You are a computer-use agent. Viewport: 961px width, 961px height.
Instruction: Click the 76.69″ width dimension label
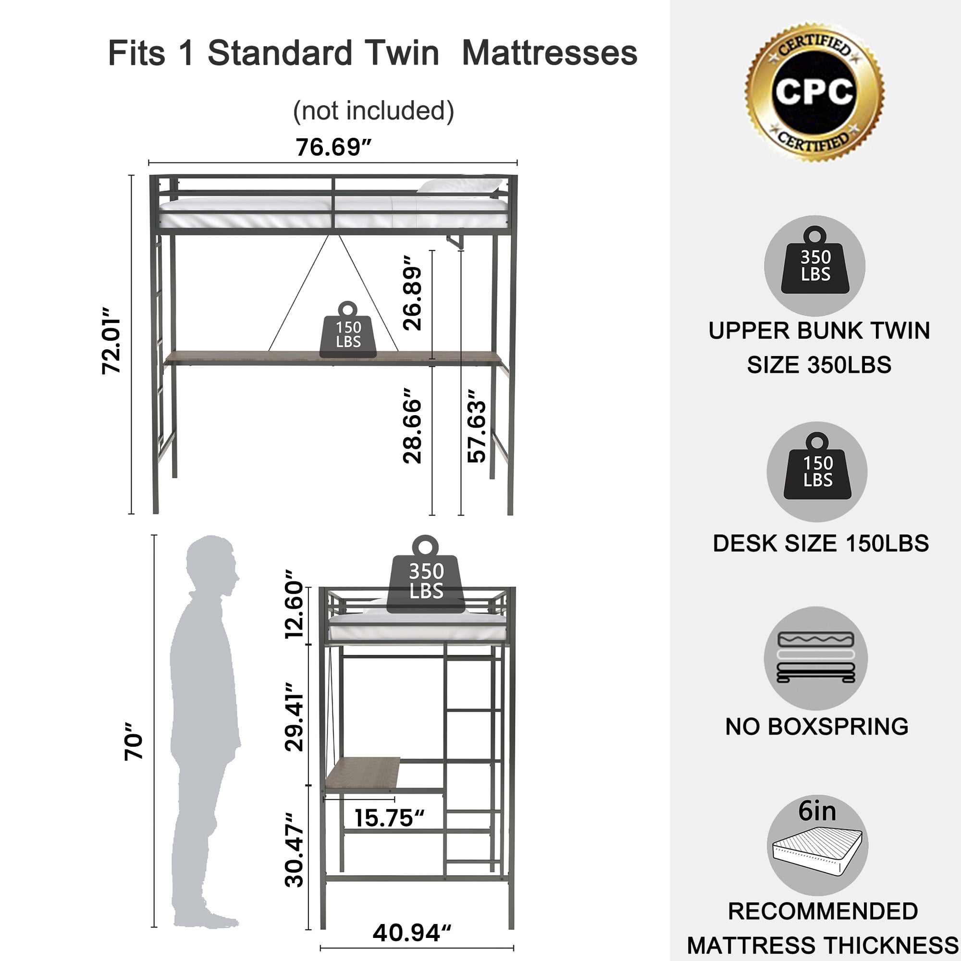(x=333, y=147)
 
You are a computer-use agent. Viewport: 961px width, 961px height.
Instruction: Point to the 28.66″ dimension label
(x=412, y=426)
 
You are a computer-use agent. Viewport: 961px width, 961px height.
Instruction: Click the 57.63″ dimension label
(x=477, y=426)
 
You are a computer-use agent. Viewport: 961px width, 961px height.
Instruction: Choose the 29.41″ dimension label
(x=294, y=716)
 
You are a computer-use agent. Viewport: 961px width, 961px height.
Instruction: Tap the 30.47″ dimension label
(x=294, y=850)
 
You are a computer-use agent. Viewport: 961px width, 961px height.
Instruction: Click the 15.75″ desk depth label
(x=389, y=818)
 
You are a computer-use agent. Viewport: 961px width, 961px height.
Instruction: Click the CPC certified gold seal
(x=814, y=92)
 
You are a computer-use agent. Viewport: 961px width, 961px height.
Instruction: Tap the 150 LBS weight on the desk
(x=348, y=331)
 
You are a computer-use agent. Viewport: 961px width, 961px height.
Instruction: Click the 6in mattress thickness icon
(x=817, y=846)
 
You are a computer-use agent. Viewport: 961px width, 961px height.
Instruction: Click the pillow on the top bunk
(x=460, y=186)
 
